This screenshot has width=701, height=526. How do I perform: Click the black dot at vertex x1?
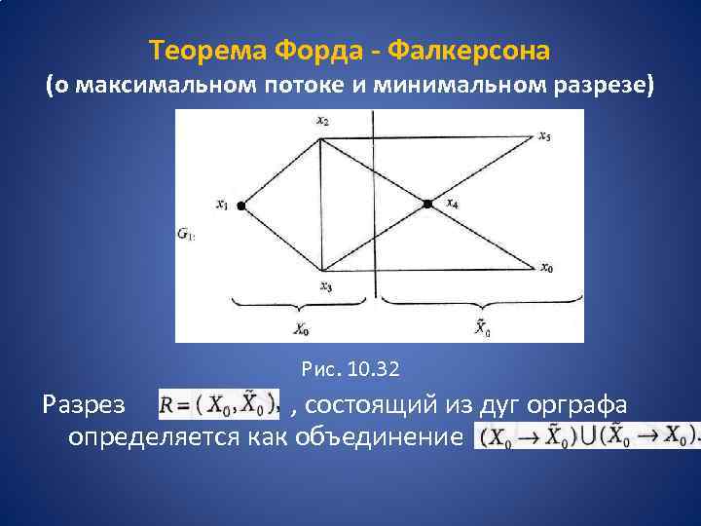pos(240,206)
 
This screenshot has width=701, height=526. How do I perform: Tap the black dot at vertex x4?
pos(426,204)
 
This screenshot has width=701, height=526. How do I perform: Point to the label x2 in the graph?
pos(321,121)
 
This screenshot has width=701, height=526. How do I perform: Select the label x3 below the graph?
pos(325,285)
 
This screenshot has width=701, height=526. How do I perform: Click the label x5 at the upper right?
pos(545,136)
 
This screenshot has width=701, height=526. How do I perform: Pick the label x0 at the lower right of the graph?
pos(547,267)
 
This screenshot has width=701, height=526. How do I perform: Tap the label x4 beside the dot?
pos(452,204)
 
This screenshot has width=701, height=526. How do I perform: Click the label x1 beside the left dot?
pos(222,205)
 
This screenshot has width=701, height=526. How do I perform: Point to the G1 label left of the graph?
pos(185,234)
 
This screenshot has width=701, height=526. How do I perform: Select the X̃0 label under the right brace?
pos(482,329)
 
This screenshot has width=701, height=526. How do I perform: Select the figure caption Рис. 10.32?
pos(351,370)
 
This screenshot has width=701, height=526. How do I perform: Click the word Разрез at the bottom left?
pos(85,402)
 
